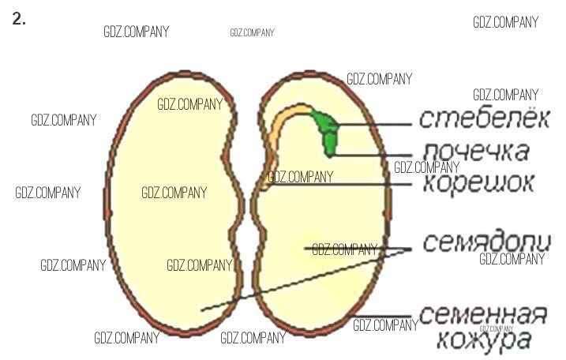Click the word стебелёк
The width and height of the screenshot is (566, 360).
pos(482,118)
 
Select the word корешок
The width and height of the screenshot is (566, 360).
pos(478,182)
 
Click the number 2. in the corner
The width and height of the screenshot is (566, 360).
pos(20,21)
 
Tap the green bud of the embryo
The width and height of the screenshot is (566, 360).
pos(325,129)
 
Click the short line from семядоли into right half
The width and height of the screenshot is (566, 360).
pos(355,249)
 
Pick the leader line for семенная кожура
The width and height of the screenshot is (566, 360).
pos(383,317)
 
